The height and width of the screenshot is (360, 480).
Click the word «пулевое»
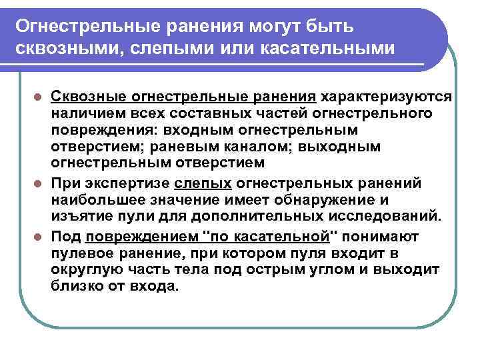pos(81,253)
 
